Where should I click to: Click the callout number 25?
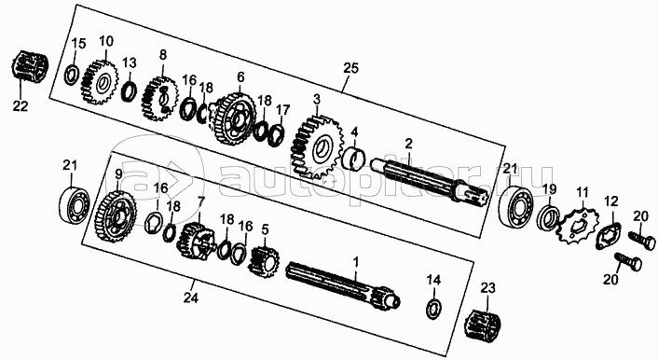point(350,68)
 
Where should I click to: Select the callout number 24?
point(190,298)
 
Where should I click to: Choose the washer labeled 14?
point(433,309)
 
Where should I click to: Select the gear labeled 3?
point(315,145)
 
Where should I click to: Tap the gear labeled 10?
point(99,82)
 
